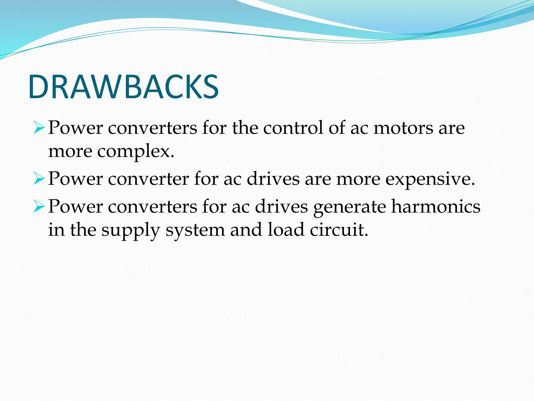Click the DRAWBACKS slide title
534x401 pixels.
(x=124, y=87)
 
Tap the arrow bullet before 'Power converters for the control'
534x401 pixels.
(x=39, y=128)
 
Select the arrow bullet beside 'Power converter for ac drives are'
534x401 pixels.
(x=39, y=179)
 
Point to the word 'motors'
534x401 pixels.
(x=403, y=128)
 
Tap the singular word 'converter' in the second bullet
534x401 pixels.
(x=148, y=179)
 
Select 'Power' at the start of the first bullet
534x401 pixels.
(x=75, y=128)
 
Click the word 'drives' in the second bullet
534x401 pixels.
(x=273, y=179)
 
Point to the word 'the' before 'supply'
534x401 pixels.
(x=83, y=230)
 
